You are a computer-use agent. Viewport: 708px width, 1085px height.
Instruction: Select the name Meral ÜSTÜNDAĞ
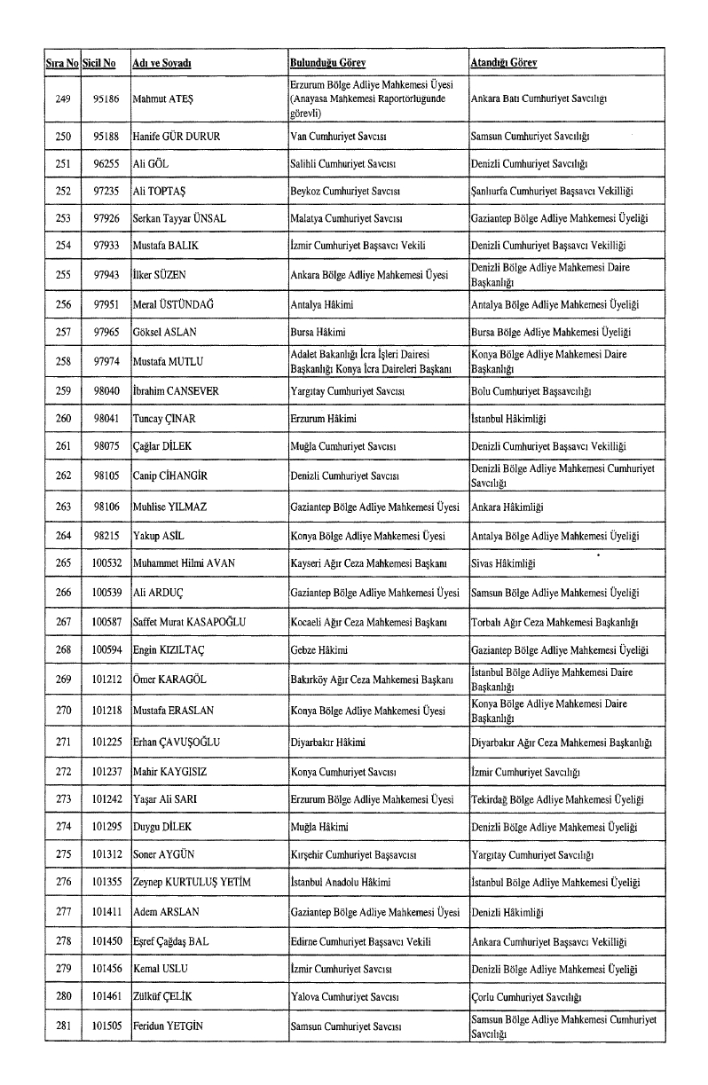tap(174, 305)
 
